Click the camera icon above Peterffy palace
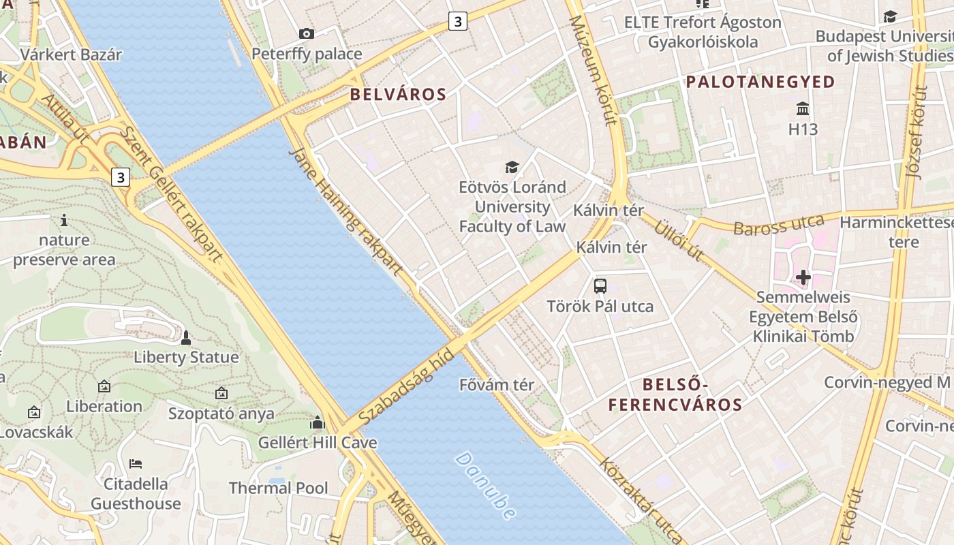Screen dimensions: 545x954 (307, 33)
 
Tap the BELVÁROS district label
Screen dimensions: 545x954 (398, 95)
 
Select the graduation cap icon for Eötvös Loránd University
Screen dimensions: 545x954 (512, 167)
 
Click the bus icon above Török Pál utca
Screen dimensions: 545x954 (600, 286)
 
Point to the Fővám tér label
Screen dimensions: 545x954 (497, 385)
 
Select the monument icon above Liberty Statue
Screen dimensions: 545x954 (185, 337)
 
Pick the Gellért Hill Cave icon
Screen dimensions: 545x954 (318, 423)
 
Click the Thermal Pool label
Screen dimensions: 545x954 (278, 488)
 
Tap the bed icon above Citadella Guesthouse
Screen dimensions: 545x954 (136, 464)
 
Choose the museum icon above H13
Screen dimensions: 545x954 (803, 109)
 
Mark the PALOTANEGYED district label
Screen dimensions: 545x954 (760, 82)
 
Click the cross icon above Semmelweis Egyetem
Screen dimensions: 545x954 (803, 277)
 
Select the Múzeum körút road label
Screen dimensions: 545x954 (592, 71)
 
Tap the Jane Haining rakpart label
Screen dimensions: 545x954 (346, 212)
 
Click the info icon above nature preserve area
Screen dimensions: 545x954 (64, 220)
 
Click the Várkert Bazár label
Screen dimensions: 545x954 (71, 55)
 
